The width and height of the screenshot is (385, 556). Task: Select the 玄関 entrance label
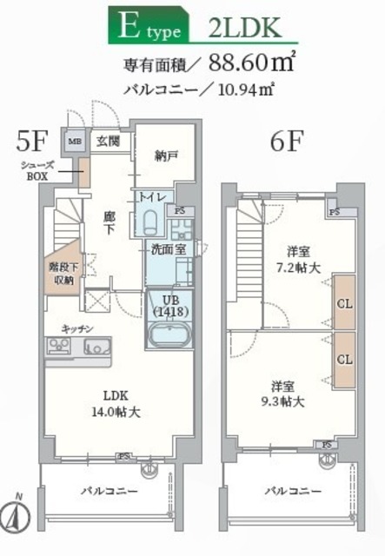(x=108, y=141)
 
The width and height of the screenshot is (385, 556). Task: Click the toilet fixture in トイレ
(x=149, y=218)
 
